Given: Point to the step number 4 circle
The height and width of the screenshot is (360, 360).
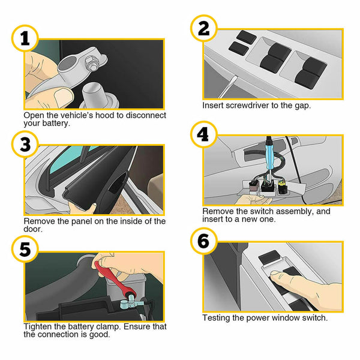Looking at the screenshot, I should click(x=203, y=134).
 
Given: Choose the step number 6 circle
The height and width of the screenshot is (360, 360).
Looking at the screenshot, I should click(x=203, y=241).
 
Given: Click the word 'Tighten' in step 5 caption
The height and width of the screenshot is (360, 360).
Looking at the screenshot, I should click(x=40, y=327).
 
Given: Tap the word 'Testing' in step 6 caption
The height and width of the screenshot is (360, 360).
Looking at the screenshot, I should click(x=218, y=317).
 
